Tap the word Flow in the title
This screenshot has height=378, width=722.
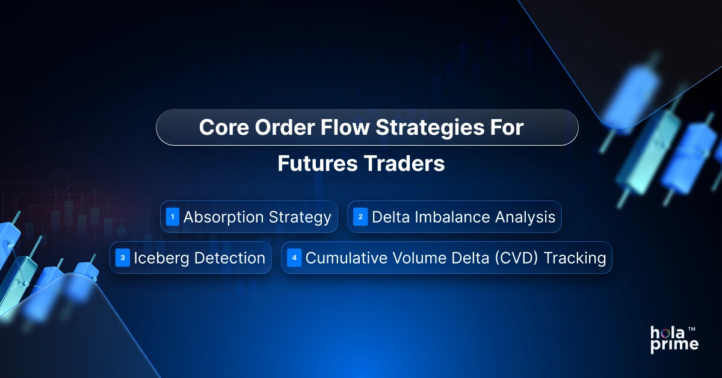coord(335,128)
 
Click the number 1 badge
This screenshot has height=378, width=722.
coord(173,217)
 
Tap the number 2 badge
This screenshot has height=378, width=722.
coord(360,217)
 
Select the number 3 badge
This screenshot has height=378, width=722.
coord(123,258)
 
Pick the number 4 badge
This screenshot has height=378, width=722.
coord(294,258)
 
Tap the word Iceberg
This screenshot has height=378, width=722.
coord(159,258)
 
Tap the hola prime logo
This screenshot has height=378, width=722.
coord(673,339)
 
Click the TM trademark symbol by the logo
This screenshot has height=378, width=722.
coord(692,329)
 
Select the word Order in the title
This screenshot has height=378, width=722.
coord(276,128)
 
